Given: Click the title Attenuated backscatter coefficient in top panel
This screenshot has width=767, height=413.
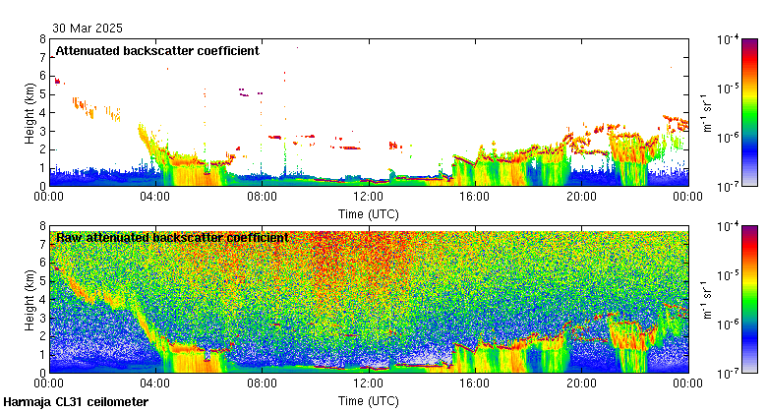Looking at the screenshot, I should pos(157,50).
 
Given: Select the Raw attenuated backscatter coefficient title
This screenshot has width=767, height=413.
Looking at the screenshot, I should pos(172,237).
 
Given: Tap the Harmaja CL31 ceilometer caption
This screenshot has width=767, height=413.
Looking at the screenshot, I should pos(76,402).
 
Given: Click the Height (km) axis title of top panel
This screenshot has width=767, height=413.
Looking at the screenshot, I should pos(30,113).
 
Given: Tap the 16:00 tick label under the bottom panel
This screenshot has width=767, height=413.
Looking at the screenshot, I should pos(475,384).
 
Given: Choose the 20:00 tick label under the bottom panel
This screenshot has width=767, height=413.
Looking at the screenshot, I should pos(581,384).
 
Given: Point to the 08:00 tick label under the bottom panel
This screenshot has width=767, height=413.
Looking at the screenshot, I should pos(262,384).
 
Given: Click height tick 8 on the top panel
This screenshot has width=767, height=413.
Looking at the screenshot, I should pos(42,39).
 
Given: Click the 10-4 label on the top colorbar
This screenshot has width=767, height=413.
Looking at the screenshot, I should pos(729,40).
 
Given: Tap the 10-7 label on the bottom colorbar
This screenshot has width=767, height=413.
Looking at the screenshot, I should pos(729,373).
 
